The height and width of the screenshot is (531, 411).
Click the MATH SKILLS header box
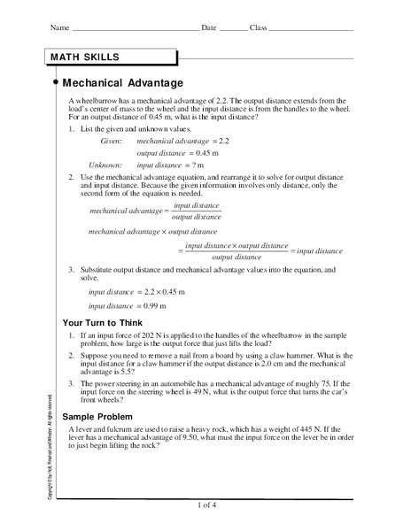coord(112,58)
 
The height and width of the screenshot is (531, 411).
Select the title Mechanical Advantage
coord(126,83)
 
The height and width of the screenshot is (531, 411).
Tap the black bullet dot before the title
coord(57,81)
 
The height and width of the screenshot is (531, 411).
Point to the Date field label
coord(209,28)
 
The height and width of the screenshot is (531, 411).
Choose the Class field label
coord(259,28)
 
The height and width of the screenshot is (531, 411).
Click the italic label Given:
coord(111,141)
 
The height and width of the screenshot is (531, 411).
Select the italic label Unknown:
coord(105,165)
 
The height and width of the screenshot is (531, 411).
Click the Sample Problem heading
coord(97,415)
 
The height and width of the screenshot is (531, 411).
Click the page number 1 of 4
coord(205,504)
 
